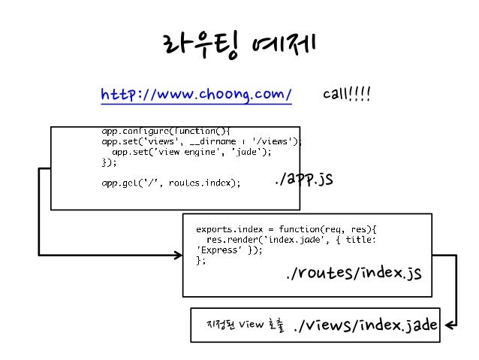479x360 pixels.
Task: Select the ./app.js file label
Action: (303, 180)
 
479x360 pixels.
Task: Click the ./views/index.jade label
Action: (366, 325)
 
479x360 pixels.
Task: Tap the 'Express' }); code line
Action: (229, 250)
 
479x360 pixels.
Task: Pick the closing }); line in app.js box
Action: (110, 161)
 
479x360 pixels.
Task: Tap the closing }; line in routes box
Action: (200, 261)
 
